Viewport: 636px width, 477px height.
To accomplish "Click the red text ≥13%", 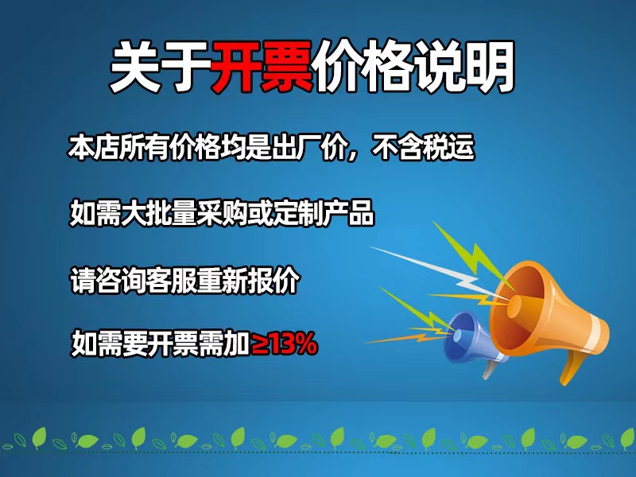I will (x=285, y=344).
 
